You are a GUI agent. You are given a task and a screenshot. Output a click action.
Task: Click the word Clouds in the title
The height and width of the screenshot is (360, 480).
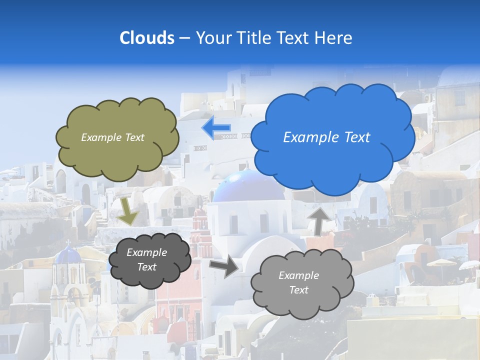tap(146, 38)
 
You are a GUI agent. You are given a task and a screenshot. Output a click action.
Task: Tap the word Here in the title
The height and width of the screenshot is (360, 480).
tap(335, 38)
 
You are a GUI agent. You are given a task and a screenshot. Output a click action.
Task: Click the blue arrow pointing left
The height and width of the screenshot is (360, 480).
tap(216, 128)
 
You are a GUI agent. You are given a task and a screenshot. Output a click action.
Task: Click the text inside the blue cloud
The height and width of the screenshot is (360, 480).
tap(326, 137)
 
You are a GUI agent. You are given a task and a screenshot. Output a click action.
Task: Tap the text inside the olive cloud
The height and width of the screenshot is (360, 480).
tap(112, 137)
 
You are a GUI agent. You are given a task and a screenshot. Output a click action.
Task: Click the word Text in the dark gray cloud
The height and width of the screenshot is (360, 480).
tap(146, 267)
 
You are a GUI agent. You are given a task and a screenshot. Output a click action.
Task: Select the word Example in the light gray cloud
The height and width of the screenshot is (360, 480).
tap(298, 275)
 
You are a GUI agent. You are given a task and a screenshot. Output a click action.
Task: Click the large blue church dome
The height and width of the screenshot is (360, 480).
tap(248, 186)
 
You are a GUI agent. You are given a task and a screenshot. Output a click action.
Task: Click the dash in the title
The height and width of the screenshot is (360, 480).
tap(184, 38)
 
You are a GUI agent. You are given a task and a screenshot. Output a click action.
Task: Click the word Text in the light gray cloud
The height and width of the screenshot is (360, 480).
tap(298, 290)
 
